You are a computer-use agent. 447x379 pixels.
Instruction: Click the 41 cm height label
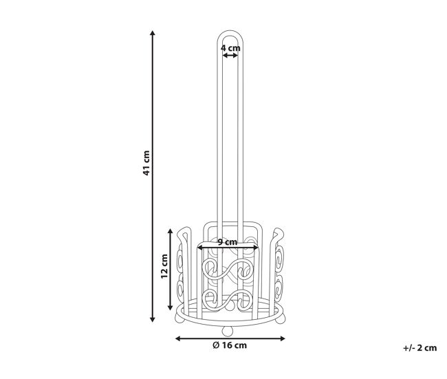click(146, 163)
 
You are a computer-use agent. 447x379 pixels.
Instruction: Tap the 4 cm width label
click(230, 48)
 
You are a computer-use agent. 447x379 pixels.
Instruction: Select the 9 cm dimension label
click(228, 242)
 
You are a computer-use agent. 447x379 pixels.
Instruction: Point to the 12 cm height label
click(164, 266)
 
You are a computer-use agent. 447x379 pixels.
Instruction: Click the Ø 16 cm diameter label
click(230, 345)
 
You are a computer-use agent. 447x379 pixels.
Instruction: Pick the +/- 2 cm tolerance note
click(420, 348)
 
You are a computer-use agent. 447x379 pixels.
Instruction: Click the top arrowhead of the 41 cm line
click(153, 33)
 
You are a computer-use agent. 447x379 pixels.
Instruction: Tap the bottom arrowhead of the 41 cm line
click(153, 319)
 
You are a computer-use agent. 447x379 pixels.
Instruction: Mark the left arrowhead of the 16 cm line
click(178, 338)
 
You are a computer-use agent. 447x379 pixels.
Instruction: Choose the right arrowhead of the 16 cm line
click(282, 338)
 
